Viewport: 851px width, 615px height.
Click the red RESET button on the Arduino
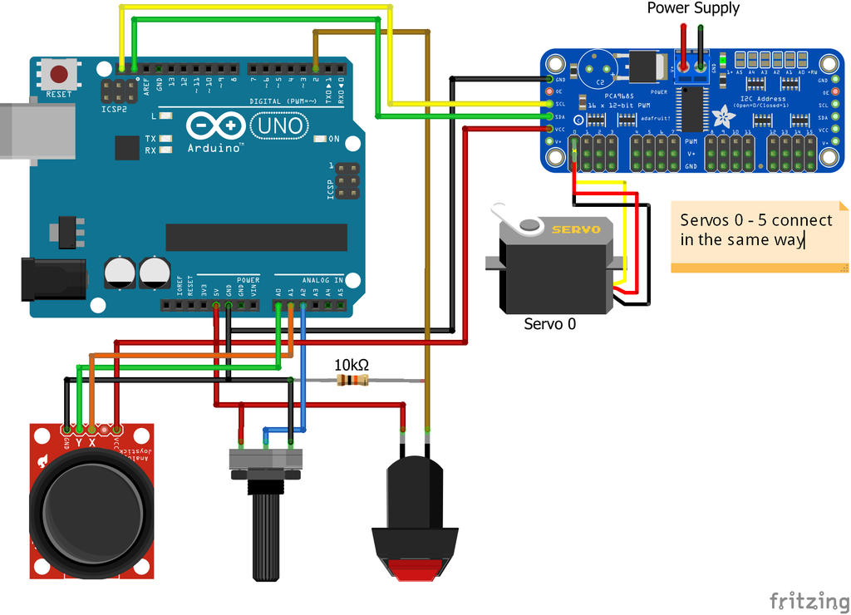click(59, 73)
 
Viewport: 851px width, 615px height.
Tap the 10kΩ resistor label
click(352, 365)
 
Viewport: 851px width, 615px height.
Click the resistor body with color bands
click(352, 381)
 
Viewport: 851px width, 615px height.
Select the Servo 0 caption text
click(549, 324)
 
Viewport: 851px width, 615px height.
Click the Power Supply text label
click(693, 9)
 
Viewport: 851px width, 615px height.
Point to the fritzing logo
click(803, 600)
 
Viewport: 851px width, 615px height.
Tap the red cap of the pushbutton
click(415, 570)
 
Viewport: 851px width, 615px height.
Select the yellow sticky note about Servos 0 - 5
click(758, 236)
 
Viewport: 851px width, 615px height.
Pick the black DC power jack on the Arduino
click(52, 279)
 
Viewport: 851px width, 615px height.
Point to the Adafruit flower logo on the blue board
click(723, 115)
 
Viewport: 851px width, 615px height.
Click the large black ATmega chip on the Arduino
click(256, 237)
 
